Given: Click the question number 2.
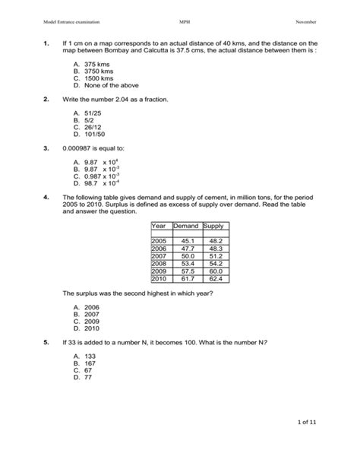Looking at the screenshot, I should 47,100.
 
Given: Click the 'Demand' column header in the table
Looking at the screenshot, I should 185,226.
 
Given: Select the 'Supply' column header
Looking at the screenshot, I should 213,226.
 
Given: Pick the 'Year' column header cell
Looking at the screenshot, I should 158,226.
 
